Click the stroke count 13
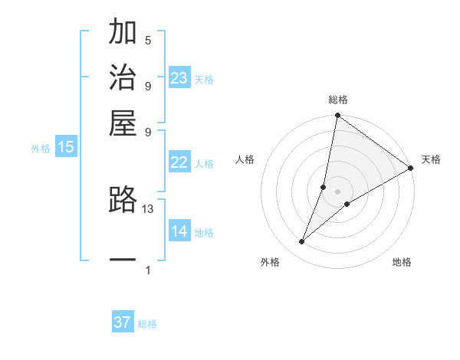point(148,208)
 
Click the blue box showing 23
point(179,78)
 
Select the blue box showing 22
point(179,162)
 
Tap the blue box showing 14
point(179,231)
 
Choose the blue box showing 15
point(66,148)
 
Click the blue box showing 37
point(123,322)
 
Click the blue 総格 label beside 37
point(147,324)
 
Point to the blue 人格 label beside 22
point(204,164)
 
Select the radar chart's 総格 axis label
point(338,100)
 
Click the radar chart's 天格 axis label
point(431,159)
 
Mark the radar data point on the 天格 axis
point(411,168)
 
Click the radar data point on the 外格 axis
point(302,242)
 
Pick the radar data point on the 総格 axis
point(337,116)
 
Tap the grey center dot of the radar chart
point(337,191)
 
